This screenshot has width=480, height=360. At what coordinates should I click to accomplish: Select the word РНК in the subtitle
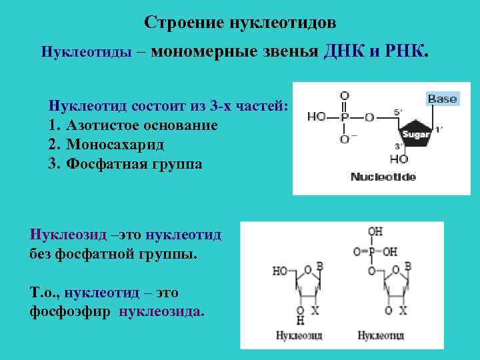pyautogui.click(x=405, y=51)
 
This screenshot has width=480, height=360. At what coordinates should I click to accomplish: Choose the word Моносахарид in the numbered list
pyautogui.click(x=115, y=144)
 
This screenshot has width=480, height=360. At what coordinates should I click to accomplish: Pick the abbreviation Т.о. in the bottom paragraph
pyautogui.click(x=43, y=293)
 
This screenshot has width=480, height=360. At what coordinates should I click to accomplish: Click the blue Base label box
pyautogui.click(x=442, y=99)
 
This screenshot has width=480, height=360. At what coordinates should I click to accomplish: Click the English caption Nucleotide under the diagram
pyautogui.click(x=383, y=177)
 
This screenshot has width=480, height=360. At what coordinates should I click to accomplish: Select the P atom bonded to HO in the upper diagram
pyautogui.click(x=344, y=117)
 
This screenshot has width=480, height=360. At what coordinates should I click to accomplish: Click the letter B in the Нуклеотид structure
pyautogui.click(x=407, y=266)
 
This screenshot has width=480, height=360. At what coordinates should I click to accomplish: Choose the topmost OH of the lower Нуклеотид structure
pyautogui.click(x=375, y=232)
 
